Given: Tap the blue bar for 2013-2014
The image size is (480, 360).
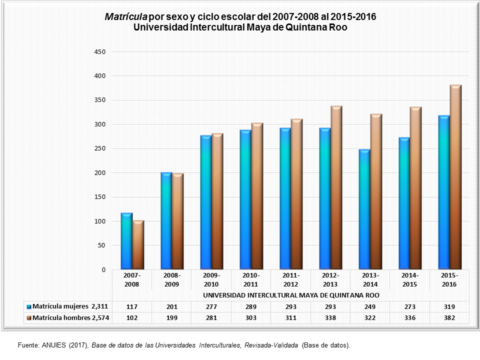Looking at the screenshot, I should tap(364, 209).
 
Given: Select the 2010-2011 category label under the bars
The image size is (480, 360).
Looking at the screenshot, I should tap(251, 279).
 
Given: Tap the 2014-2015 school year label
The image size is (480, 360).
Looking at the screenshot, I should tap(409, 279).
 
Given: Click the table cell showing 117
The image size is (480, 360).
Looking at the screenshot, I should tap(132, 306).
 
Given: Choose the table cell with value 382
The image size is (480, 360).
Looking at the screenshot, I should tap(449, 317).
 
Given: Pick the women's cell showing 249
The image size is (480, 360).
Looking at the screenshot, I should tap(370, 306).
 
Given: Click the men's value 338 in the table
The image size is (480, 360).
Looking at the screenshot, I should tap(330, 317).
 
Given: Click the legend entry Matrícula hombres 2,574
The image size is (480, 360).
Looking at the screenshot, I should tap(69, 317).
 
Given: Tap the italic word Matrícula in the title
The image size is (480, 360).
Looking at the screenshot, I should tap(122, 16).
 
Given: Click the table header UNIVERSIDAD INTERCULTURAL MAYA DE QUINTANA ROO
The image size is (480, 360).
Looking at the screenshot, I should tap(290, 295).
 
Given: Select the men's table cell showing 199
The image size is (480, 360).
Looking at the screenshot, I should tap(171, 317).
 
